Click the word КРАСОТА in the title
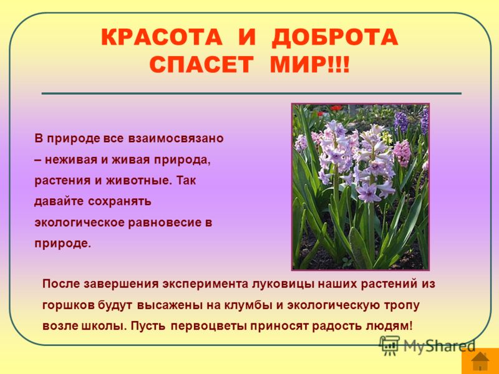coord(162,37)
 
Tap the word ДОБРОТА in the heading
coord(335,37)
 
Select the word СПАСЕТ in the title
coord(201,65)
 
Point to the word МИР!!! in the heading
coord(309,65)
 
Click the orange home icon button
coord(480,361)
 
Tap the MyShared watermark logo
coord(427,345)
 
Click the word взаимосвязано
coord(176,138)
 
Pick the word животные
coord(138,181)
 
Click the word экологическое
coord(79,223)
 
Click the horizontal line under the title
coord(251,93)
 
